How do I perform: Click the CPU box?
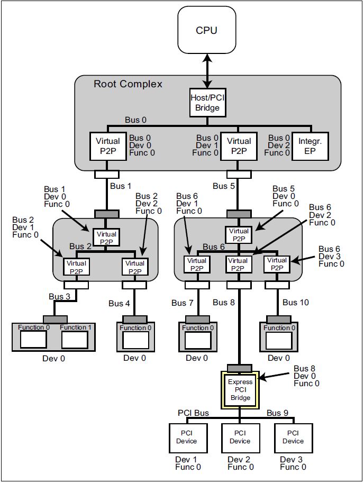206,30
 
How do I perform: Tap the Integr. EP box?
310,146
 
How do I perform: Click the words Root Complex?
128,84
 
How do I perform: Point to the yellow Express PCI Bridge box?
240,389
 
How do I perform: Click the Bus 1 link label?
121,186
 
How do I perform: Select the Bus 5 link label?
223,186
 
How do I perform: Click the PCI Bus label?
193,413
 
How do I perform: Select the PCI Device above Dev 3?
293,437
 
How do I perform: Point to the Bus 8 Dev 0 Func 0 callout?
307,376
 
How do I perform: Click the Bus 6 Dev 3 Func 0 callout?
331,257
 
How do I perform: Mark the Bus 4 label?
119,304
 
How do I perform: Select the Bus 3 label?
59,296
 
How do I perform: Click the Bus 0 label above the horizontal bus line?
135,120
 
